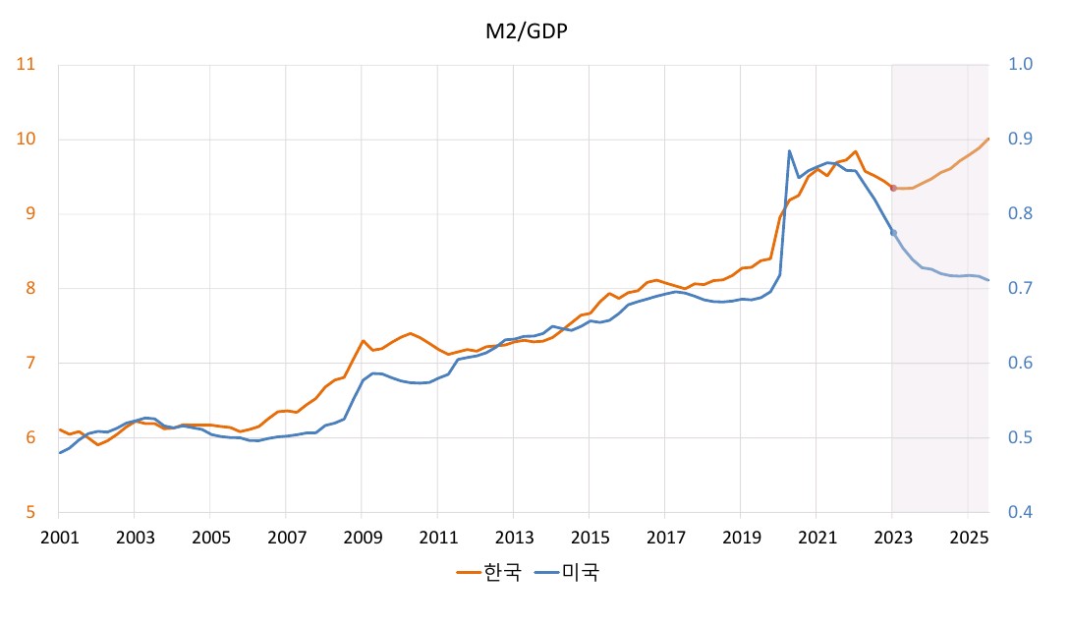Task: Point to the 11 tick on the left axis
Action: (27, 65)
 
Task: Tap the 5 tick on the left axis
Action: (30, 512)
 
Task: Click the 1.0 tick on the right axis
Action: (1021, 65)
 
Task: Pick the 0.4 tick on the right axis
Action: (1021, 512)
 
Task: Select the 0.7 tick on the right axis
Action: (1021, 289)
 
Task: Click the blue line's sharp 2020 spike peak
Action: (790, 151)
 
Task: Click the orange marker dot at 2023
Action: (893, 188)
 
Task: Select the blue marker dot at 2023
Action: (893, 233)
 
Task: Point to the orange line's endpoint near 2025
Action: (987, 139)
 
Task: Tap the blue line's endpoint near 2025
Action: (987, 281)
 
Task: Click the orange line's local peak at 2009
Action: (363, 341)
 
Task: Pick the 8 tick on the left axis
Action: (30, 289)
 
